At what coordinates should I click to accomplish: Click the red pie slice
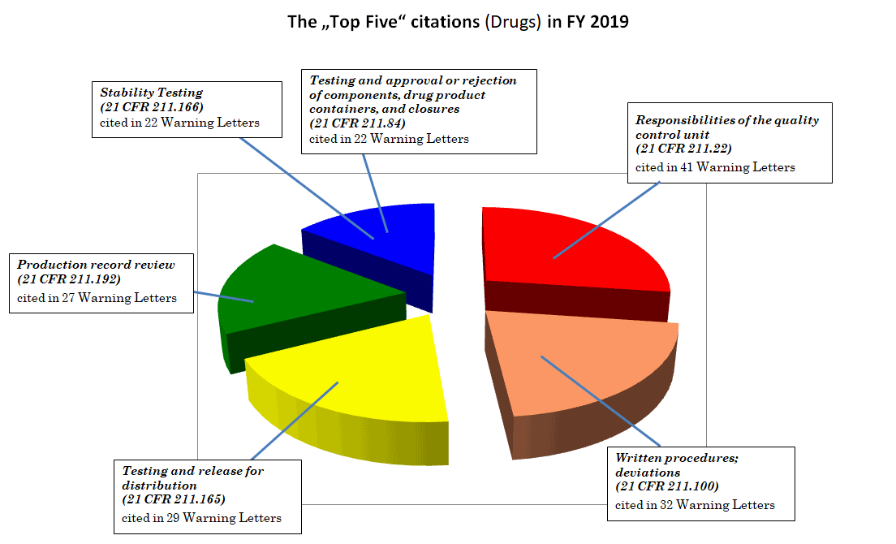[568, 244]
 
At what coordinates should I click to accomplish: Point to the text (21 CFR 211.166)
[151, 107]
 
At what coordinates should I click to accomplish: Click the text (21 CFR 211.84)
[358, 123]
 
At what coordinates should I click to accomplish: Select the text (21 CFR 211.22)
[683, 149]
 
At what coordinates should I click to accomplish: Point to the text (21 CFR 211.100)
[668, 486]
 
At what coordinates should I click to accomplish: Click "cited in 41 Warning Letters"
[715, 167]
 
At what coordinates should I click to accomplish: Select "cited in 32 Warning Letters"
[695, 505]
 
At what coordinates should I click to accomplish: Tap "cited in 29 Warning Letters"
[202, 517]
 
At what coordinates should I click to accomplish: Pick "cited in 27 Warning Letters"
[97, 298]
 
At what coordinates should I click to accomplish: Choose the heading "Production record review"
[96, 265]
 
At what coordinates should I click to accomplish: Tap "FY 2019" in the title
[596, 22]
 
